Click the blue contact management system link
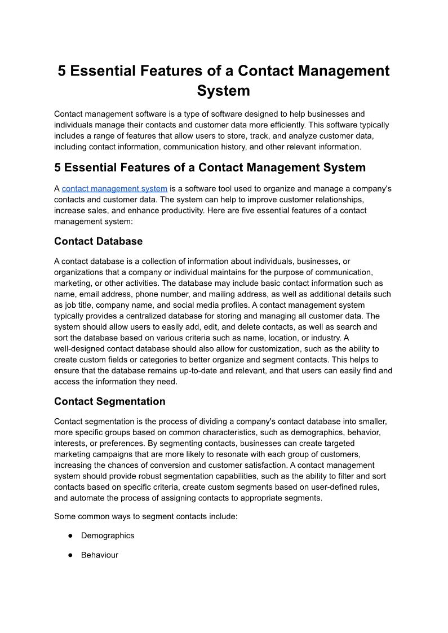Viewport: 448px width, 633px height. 114,189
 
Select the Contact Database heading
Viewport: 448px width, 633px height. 98,241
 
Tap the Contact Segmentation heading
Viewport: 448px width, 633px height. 109,401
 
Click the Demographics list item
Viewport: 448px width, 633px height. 108,535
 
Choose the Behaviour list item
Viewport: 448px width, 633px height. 100,555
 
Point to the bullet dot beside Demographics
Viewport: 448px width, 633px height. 71,535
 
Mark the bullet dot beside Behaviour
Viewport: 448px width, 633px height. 71,555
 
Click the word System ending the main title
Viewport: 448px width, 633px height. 223,90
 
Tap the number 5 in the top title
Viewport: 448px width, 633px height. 63,71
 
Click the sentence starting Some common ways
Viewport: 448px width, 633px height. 145,516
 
